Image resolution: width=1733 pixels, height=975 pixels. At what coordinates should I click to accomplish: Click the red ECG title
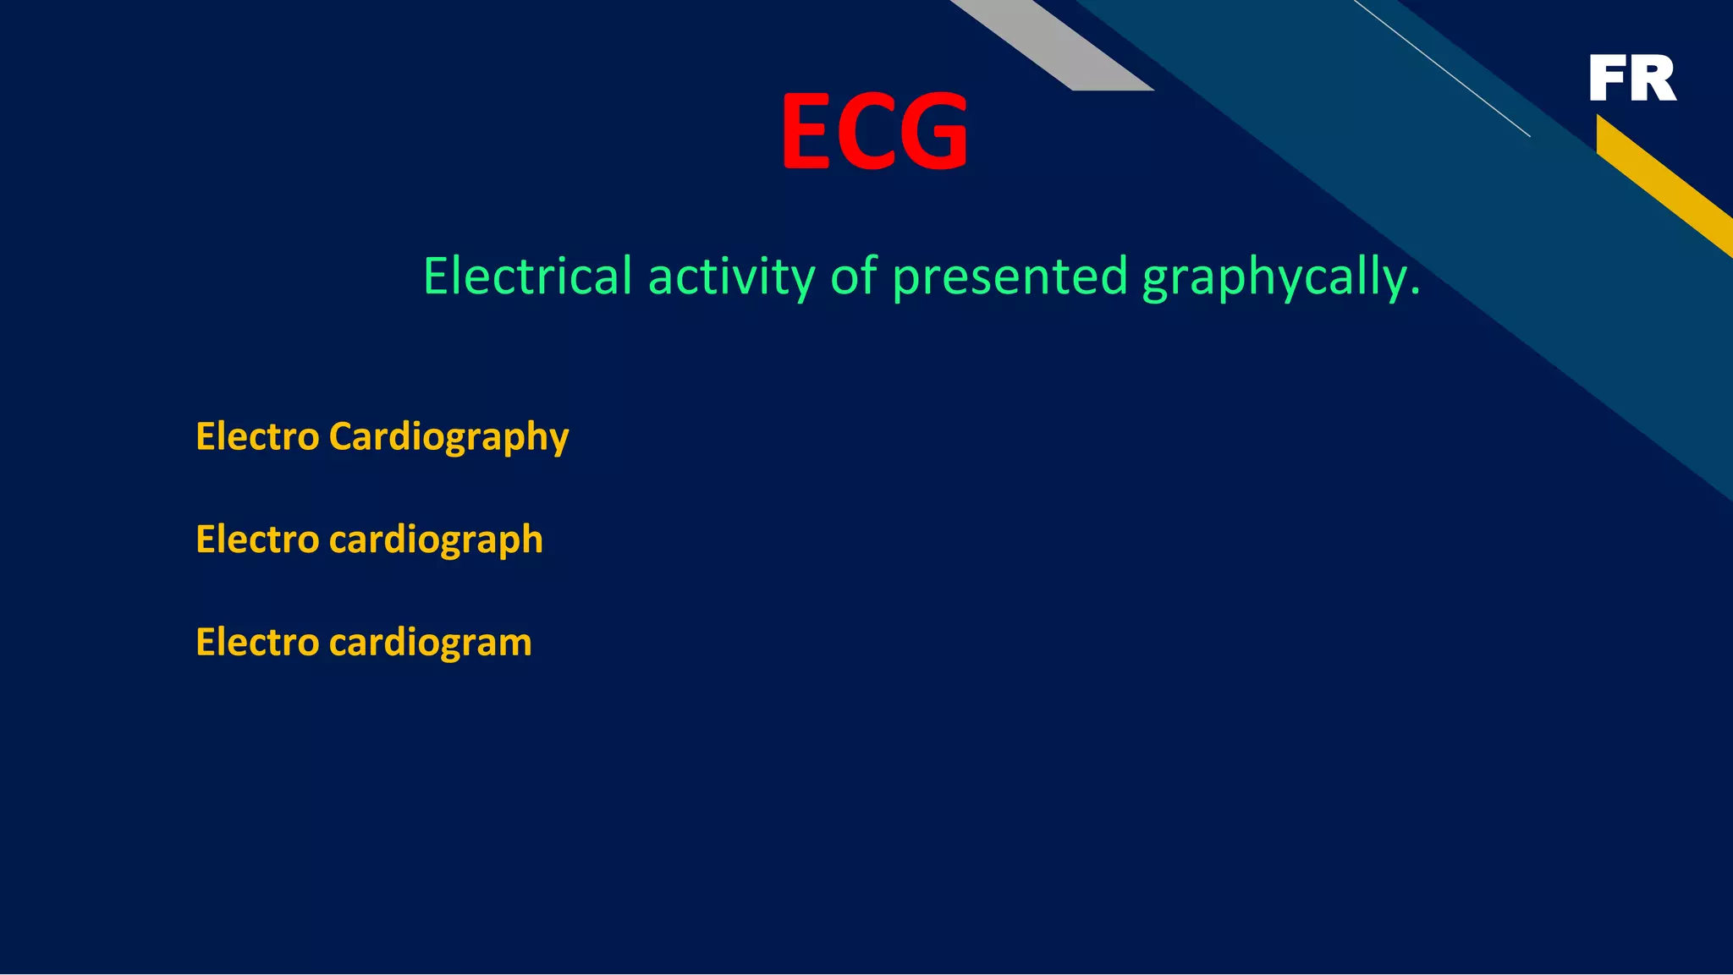tap(874, 131)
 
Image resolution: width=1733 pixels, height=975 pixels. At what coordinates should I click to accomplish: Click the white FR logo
tap(1632, 79)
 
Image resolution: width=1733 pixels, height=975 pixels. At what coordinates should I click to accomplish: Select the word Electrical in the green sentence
tap(527, 277)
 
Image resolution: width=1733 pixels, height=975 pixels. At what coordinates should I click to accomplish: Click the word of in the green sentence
tap(854, 277)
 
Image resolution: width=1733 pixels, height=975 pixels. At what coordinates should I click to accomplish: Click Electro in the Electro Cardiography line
tap(257, 437)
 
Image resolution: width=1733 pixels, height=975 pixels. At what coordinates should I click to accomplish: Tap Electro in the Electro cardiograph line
tap(257, 540)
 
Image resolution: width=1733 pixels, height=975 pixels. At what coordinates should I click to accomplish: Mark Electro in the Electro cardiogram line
tap(257, 643)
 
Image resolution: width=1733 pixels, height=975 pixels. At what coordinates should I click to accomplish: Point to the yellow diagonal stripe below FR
tap(1663, 182)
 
